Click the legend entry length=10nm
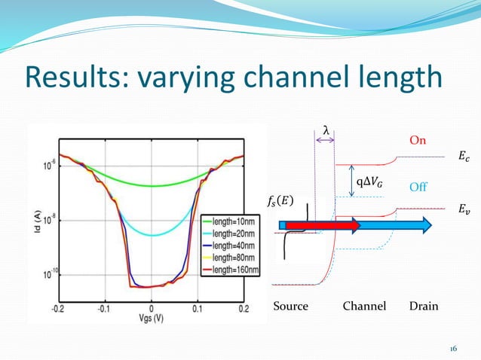click(223, 222)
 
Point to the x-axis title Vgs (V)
click(151, 319)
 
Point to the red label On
click(417, 140)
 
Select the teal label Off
click(417, 185)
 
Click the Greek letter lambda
click(326, 130)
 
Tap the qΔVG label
click(369, 181)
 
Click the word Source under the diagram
click(290, 307)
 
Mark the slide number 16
click(453, 348)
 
